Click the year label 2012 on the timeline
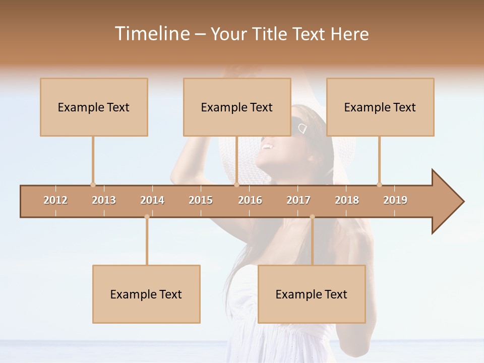point(55,200)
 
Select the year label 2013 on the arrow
point(104,200)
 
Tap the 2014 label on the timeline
point(152,200)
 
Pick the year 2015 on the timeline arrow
point(201,200)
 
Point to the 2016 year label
point(250,200)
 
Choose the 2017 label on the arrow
point(298,200)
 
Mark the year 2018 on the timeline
point(347,200)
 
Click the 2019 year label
point(395,200)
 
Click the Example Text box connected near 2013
point(94,107)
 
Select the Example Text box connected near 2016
point(237,107)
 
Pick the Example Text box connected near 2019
point(380,107)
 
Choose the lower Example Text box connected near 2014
point(146,294)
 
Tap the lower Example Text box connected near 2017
point(312,294)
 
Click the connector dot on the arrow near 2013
point(93,185)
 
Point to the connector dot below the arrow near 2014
point(147,217)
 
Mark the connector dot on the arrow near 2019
point(379,185)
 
